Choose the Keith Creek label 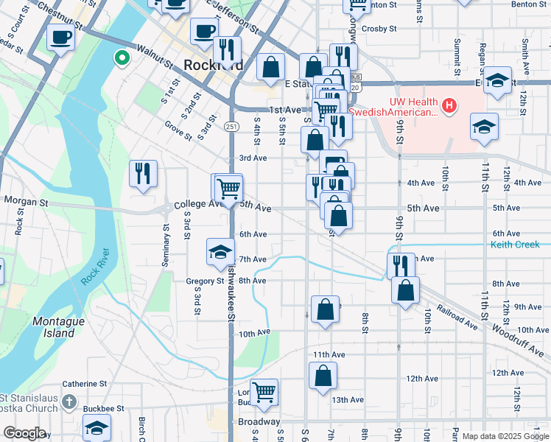[x=515, y=245]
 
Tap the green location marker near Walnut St [x=121, y=56]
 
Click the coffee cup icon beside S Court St [x=61, y=37]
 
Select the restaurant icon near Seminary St [x=141, y=174]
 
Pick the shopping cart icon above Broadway [x=263, y=392]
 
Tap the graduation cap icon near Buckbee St [x=97, y=427]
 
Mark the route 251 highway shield [x=232, y=127]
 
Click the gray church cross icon [x=69, y=401]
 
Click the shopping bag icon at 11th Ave [x=323, y=376]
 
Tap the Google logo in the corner [x=25, y=434]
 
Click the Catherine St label [x=84, y=384]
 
